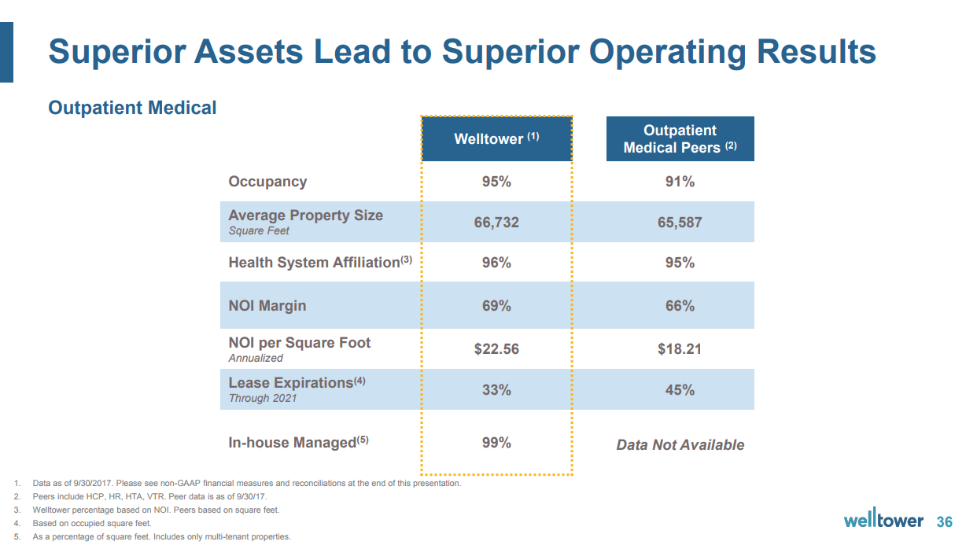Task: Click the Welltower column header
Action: tap(496, 139)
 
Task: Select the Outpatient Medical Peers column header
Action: tap(680, 139)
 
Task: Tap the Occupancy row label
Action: tap(267, 182)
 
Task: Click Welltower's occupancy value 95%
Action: tap(496, 182)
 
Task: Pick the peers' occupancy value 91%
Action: tap(680, 182)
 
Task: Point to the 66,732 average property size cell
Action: tap(496, 223)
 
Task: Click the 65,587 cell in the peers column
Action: tap(680, 223)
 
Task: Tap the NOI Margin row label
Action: tap(267, 305)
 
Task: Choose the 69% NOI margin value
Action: tap(496, 305)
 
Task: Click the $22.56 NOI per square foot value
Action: tap(496, 348)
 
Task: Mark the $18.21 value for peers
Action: tap(680, 348)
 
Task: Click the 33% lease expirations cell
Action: tap(496, 389)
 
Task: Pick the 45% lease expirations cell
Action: tap(680, 389)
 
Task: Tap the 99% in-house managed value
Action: tap(496, 443)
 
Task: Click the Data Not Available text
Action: tap(680, 445)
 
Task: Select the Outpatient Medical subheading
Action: tap(132, 108)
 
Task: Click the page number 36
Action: tap(944, 522)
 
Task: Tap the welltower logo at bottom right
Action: tap(883, 521)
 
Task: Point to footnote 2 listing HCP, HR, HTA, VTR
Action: tap(149, 497)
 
